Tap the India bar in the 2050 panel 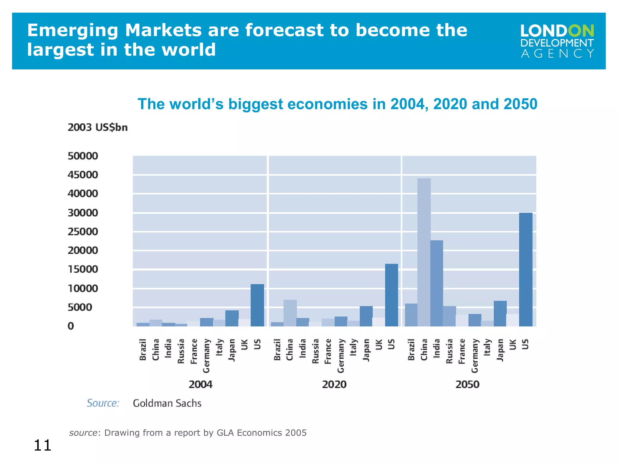(x=437, y=283)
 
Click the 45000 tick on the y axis (x=83, y=175)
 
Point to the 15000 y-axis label (x=83, y=269)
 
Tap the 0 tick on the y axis (x=71, y=326)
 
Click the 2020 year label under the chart (x=334, y=384)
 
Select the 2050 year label (x=467, y=384)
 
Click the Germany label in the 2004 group (x=206, y=356)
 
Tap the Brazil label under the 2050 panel (x=411, y=350)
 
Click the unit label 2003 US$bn (x=97, y=127)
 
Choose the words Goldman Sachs (x=167, y=403)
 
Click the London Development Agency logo (x=557, y=41)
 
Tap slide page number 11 (x=42, y=445)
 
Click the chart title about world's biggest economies (x=337, y=104)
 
